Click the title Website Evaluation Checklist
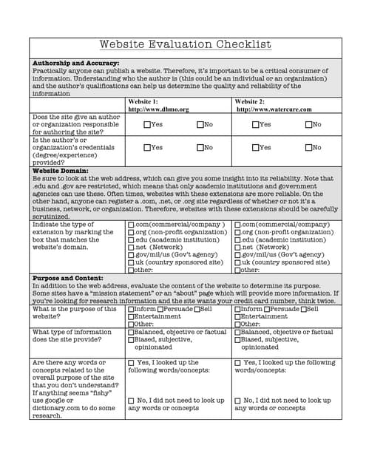coord(186,45)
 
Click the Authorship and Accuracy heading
coord(76,64)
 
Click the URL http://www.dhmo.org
coord(158,109)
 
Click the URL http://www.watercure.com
coord(274,109)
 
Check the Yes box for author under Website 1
coord(147,125)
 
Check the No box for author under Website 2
coord(308,125)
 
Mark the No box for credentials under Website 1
coord(200,148)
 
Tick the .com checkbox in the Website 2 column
coord(237,225)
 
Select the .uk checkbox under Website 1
coord(131,262)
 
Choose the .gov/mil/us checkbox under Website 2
coord(237,255)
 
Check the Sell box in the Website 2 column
coord(303,309)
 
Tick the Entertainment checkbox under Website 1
coord(131,316)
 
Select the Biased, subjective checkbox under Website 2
coord(237,340)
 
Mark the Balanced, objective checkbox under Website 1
coord(131,333)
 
